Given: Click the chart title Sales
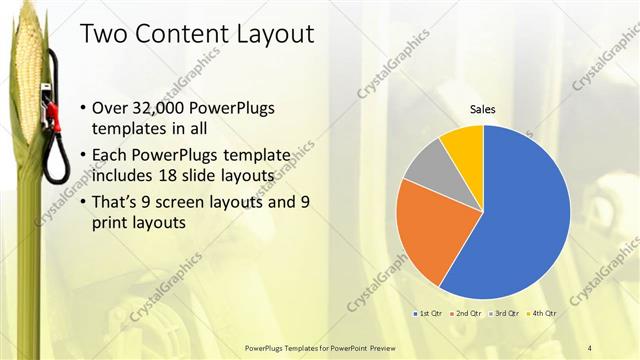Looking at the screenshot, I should (x=484, y=110).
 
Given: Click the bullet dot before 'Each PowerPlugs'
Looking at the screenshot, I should (x=81, y=156).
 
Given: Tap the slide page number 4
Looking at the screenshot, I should (x=590, y=346).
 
